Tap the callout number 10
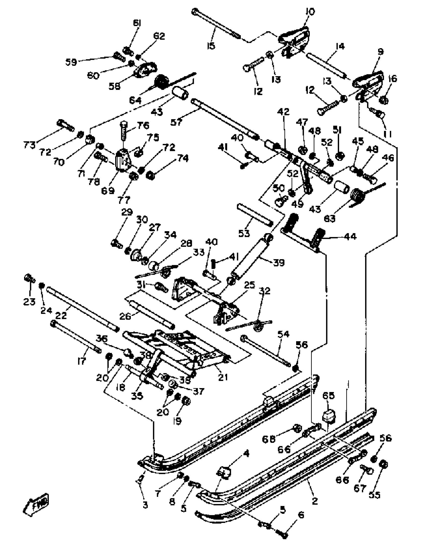click(310, 12)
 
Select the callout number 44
click(350, 236)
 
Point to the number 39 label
click(279, 263)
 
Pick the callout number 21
click(223, 377)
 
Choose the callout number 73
click(30, 145)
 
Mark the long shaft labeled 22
click(82, 310)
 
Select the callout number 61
click(137, 23)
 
